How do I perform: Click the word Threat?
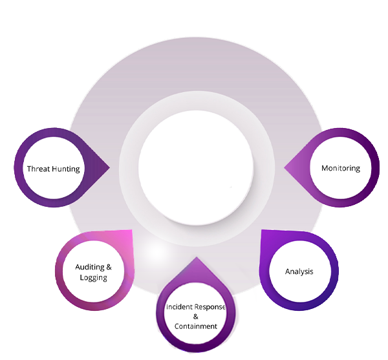(38, 169)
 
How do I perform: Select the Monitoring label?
(340, 168)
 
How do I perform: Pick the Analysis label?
(299, 271)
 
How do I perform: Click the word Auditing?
(88, 266)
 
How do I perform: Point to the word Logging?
(93, 277)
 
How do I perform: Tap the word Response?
(211, 306)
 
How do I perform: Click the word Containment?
(195, 326)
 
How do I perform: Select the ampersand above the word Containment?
(195, 317)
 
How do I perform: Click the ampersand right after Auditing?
(108, 266)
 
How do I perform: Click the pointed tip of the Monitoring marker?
(285, 168)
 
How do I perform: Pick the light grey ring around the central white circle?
(195, 103)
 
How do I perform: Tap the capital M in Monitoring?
(325, 168)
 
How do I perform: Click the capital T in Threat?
(29, 169)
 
